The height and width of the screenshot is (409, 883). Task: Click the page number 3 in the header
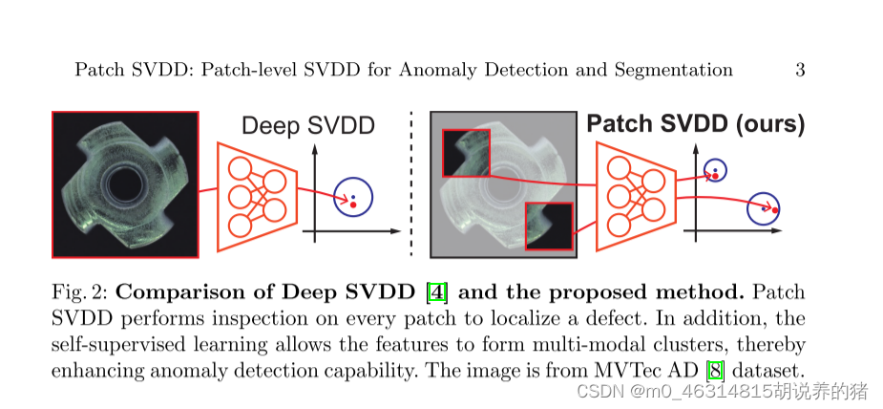click(x=800, y=70)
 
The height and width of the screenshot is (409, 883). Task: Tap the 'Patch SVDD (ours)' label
click(x=695, y=124)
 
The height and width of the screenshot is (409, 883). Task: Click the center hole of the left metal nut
click(x=124, y=185)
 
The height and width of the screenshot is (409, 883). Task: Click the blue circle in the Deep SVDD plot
click(x=353, y=197)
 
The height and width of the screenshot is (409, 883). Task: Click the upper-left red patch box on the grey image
click(x=466, y=155)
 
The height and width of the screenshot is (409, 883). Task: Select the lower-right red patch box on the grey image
click(x=549, y=226)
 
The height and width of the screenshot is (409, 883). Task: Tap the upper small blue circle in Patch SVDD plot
click(x=714, y=171)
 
